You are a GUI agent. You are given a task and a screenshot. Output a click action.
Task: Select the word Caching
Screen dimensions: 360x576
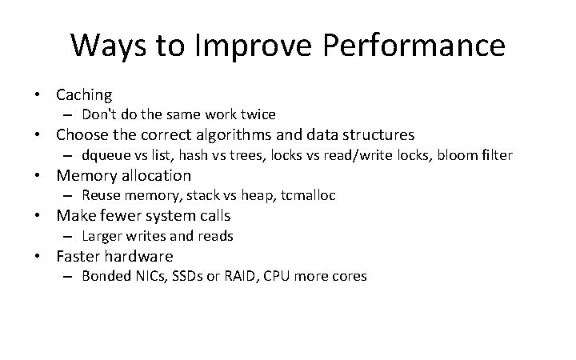tap(84, 94)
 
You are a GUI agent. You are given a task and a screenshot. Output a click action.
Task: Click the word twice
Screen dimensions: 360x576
tap(258, 114)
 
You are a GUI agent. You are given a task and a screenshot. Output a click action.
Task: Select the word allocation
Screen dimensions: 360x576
tap(154, 175)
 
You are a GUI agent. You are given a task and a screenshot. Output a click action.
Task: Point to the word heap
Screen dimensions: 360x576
tap(253, 196)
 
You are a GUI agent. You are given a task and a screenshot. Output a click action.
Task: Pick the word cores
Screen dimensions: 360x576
tap(349, 277)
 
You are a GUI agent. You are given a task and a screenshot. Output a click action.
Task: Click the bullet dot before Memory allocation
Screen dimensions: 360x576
tap(38, 176)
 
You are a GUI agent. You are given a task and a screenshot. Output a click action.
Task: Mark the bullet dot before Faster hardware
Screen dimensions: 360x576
tap(38, 257)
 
